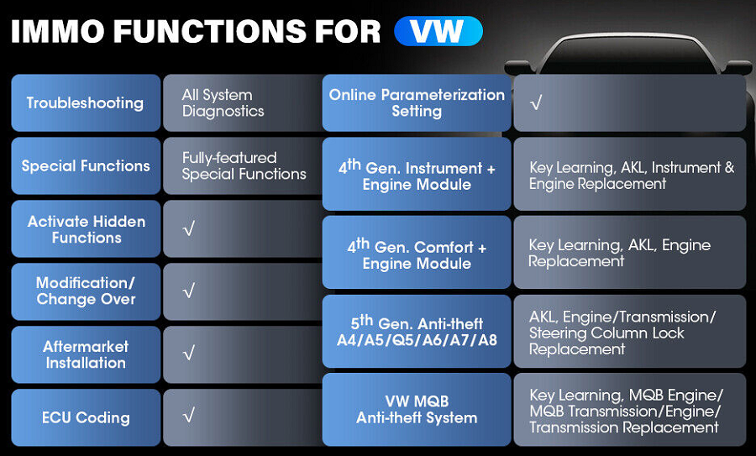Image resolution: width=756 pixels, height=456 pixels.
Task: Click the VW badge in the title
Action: [438, 31]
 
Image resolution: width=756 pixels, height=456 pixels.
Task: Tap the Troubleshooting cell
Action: [86, 102]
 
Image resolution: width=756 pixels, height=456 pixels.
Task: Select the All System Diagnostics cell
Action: [243, 102]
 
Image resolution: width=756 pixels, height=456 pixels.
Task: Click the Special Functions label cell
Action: [86, 165]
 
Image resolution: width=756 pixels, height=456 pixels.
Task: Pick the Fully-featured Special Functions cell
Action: [243, 165]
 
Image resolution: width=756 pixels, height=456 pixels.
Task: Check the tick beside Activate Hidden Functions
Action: [189, 228]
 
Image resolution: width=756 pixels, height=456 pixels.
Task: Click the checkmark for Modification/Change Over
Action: [189, 291]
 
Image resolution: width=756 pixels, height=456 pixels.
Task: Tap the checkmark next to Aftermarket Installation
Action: [189, 354]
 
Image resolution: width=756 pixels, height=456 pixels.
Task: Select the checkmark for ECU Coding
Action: [189, 416]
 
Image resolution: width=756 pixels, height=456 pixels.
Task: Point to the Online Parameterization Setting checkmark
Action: [536, 102]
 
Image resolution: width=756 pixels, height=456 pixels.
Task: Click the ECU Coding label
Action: [86, 417]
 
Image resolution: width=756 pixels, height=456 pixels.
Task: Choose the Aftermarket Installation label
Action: [86, 354]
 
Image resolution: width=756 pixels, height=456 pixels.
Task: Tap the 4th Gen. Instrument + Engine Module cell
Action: [417, 174]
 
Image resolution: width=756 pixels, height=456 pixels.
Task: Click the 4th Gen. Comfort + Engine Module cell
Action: [417, 252]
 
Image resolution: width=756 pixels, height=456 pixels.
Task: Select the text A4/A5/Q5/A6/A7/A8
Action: [417, 340]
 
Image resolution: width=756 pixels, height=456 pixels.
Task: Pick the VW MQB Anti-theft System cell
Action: [417, 409]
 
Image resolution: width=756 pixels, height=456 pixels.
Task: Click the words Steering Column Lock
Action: [606, 333]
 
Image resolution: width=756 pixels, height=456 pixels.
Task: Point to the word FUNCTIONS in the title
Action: [210, 32]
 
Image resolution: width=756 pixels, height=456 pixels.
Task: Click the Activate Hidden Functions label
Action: [87, 229]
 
